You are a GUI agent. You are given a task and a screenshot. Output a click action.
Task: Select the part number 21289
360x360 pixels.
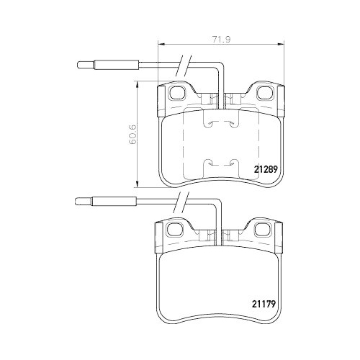click(x=266, y=171)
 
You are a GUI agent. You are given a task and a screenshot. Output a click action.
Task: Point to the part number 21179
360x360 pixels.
click(x=266, y=303)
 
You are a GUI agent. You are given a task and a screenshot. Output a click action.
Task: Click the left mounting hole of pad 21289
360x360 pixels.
click(x=175, y=92)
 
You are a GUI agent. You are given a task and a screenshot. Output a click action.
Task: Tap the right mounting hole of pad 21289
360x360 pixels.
click(x=264, y=92)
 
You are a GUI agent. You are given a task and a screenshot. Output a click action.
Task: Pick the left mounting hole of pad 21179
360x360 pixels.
click(x=174, y=230)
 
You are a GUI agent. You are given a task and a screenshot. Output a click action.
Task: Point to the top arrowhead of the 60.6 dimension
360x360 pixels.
click(x=138, y=83)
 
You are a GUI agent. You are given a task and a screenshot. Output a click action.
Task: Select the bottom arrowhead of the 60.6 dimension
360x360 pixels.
click(x=138, y=186)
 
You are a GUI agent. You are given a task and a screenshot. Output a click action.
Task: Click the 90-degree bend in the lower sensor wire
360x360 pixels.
click(x=218, y=204)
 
